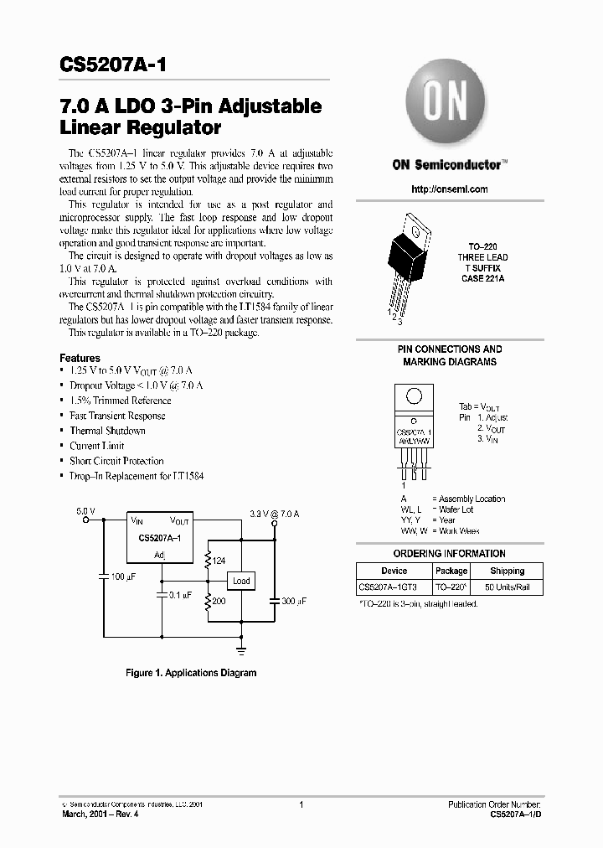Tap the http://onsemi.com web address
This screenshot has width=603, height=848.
coord(450,189)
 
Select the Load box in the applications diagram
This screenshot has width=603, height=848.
coord(241,581)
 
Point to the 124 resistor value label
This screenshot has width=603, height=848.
coord(219,561)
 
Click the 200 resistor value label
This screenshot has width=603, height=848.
coord(219,602)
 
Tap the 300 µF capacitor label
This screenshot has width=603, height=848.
coord(292,602)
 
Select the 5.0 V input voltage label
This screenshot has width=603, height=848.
coord(85,509)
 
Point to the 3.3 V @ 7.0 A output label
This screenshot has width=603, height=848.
coord(274,512)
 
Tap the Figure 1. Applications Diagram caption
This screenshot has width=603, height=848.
coord(191,673)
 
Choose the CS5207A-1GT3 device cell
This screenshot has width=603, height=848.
coord(394,587)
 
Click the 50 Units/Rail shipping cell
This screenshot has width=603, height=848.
coord(507,587)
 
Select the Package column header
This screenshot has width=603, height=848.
coord(451,571)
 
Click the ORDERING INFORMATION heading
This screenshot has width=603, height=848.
coord(449,554)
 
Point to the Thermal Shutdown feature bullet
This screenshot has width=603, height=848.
coord(107,431)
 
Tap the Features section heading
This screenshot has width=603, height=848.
coord(80,358)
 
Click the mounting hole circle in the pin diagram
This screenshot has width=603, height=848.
coord(413,398)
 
